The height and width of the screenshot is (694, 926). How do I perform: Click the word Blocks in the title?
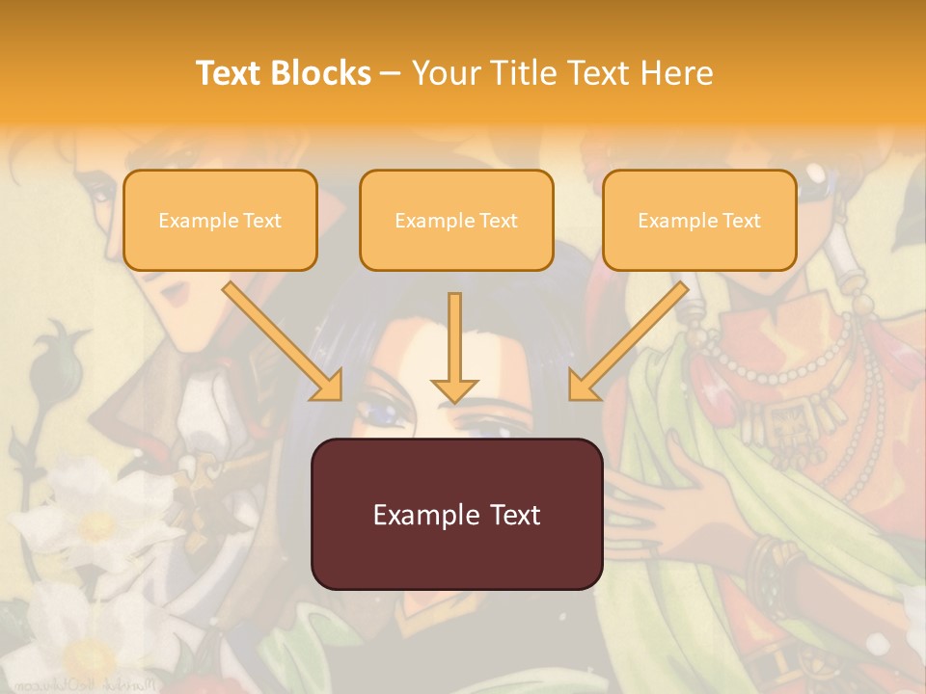[x=321, y=73]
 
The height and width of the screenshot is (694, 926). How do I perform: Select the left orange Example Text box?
[x=220, y=220]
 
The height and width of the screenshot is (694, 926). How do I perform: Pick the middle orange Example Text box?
[x=456, y=220]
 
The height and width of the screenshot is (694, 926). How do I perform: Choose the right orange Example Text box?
[x=699, y=220]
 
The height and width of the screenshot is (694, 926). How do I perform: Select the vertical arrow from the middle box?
[x=454, y=342]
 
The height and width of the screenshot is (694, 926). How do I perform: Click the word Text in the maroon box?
[x=510, y=515]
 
